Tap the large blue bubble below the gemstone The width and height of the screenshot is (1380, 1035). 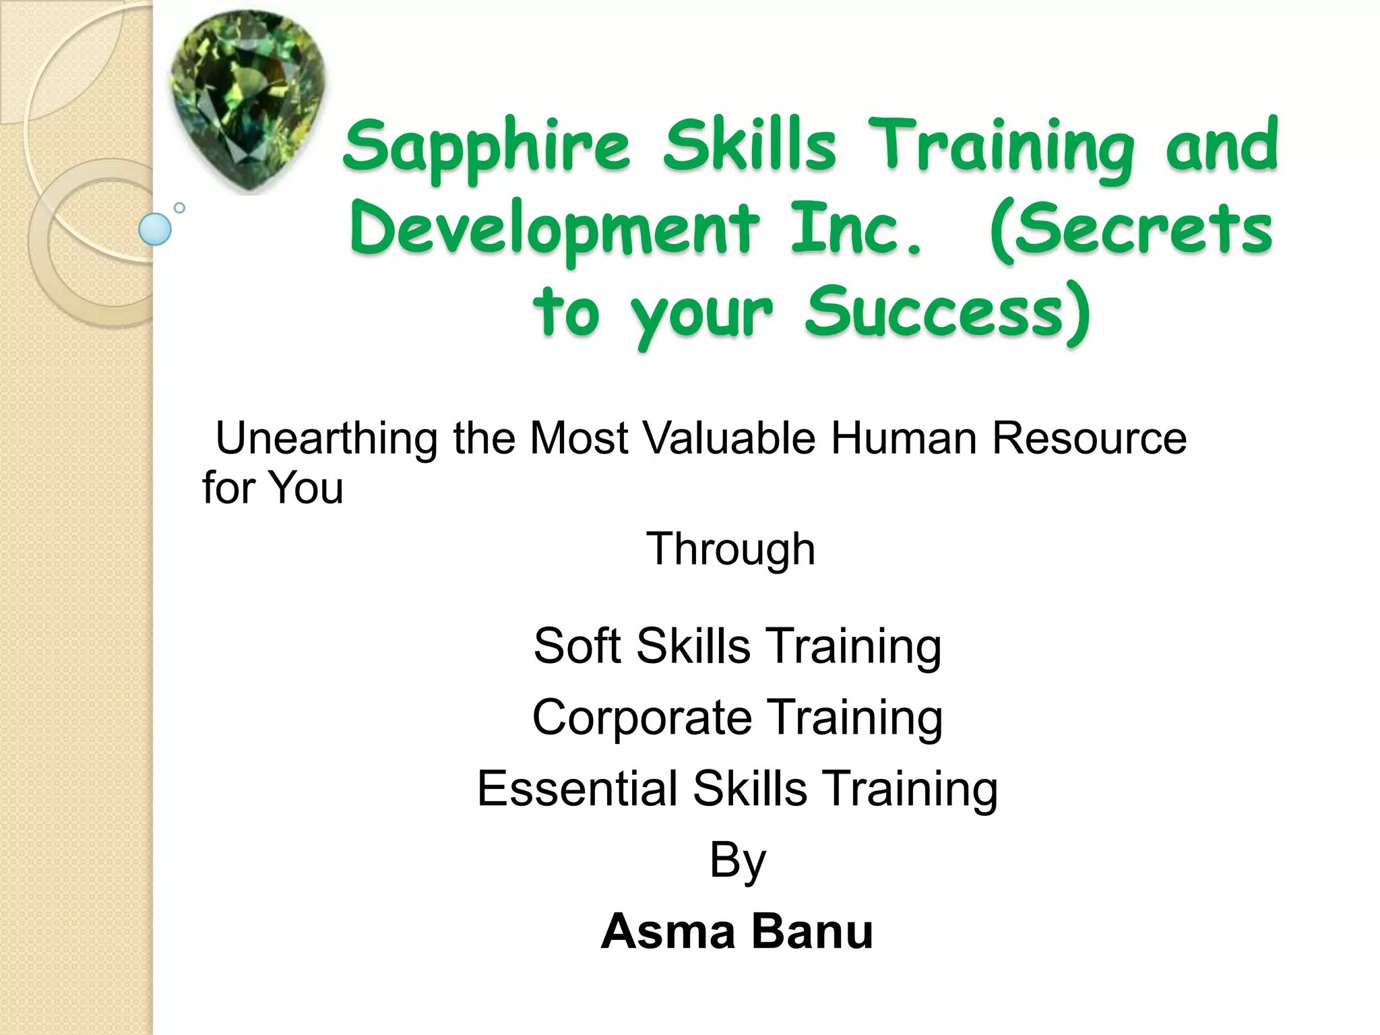click(x=155, y=229)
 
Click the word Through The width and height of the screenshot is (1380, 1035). click(x=730, y=550)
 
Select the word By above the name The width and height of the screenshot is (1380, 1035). click(x=737, y=861)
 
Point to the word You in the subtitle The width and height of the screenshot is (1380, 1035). click(x=306, y=488)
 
